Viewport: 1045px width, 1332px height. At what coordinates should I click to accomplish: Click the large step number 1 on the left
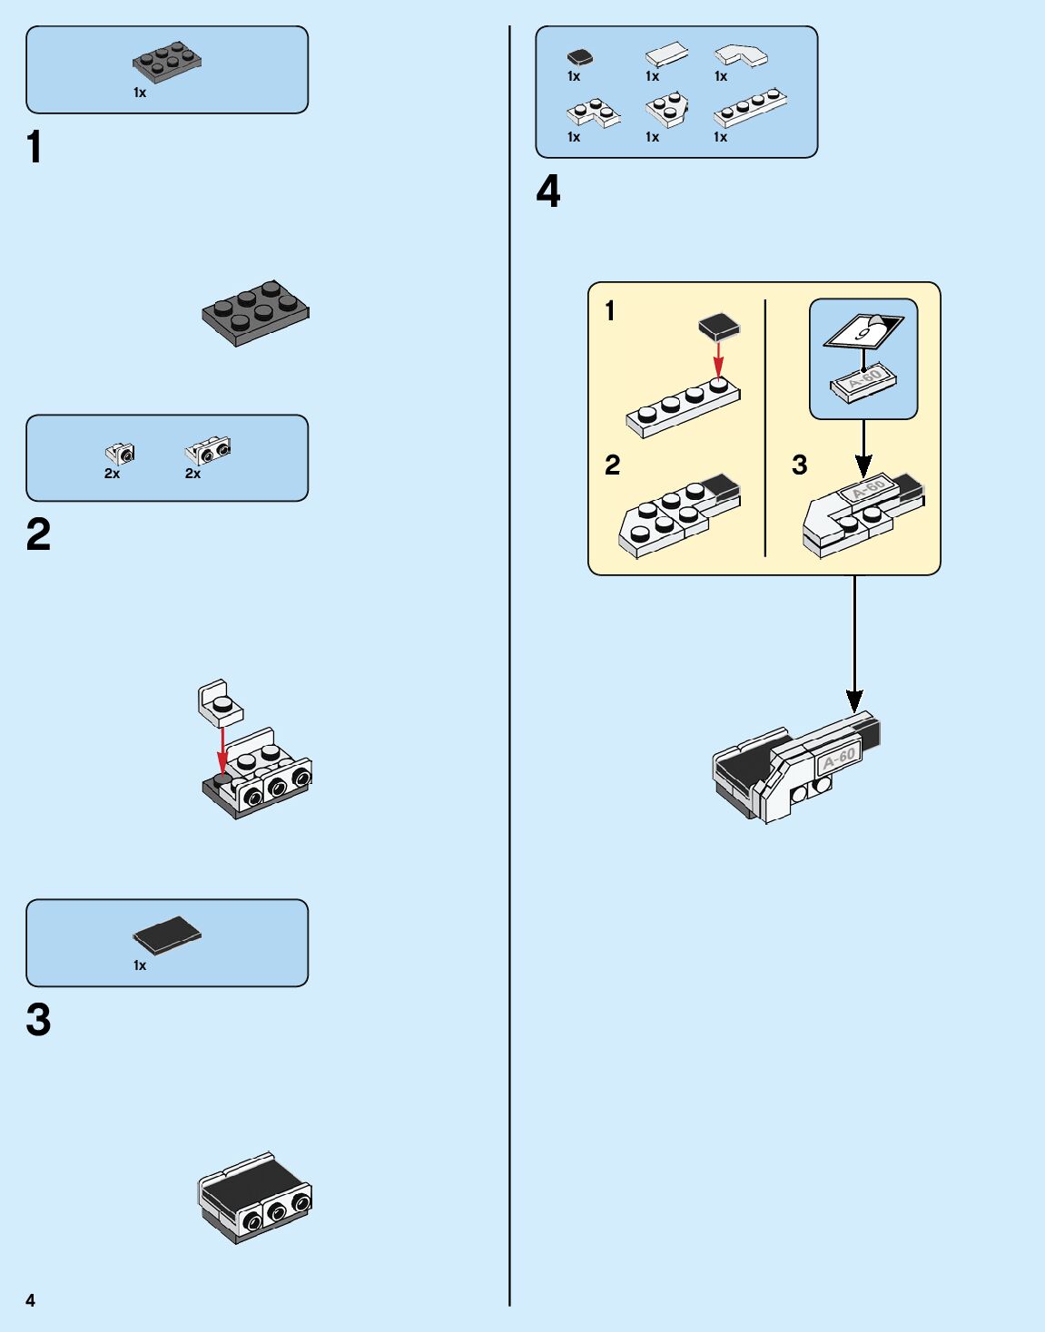(x=35, y=147)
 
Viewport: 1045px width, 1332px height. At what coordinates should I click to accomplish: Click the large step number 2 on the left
(x=38, y=534)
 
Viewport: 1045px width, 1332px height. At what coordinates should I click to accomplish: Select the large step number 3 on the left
(x=38, y=1020)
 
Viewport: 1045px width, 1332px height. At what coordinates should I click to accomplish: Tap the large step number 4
(x=548, y=191)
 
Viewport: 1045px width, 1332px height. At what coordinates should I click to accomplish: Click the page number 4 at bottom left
(x=30, y=1300)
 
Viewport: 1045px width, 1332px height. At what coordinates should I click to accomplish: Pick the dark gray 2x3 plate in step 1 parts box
(x=167, y=62)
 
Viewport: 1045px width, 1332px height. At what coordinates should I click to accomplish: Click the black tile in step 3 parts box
(x=167, y=935)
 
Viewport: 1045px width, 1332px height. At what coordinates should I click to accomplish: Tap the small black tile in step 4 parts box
(x=580, y=57)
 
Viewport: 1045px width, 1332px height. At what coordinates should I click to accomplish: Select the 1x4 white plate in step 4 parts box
(x=750, y=107)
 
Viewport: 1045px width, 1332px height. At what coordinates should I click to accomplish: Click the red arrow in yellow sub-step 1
(x=718, y=358)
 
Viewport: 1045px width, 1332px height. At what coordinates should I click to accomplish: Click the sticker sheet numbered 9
(x=863, y=330)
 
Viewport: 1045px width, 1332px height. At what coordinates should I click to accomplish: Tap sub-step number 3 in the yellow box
(x=799, y=465)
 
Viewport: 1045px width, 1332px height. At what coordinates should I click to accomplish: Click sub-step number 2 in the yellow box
(x=613, y=465)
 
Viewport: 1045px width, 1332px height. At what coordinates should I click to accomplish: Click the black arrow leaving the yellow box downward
(x=854, y=644)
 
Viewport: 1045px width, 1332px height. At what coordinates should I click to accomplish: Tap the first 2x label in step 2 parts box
(x=112, y=474)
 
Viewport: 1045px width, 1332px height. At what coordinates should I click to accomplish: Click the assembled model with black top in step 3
(x=255, y=1198)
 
